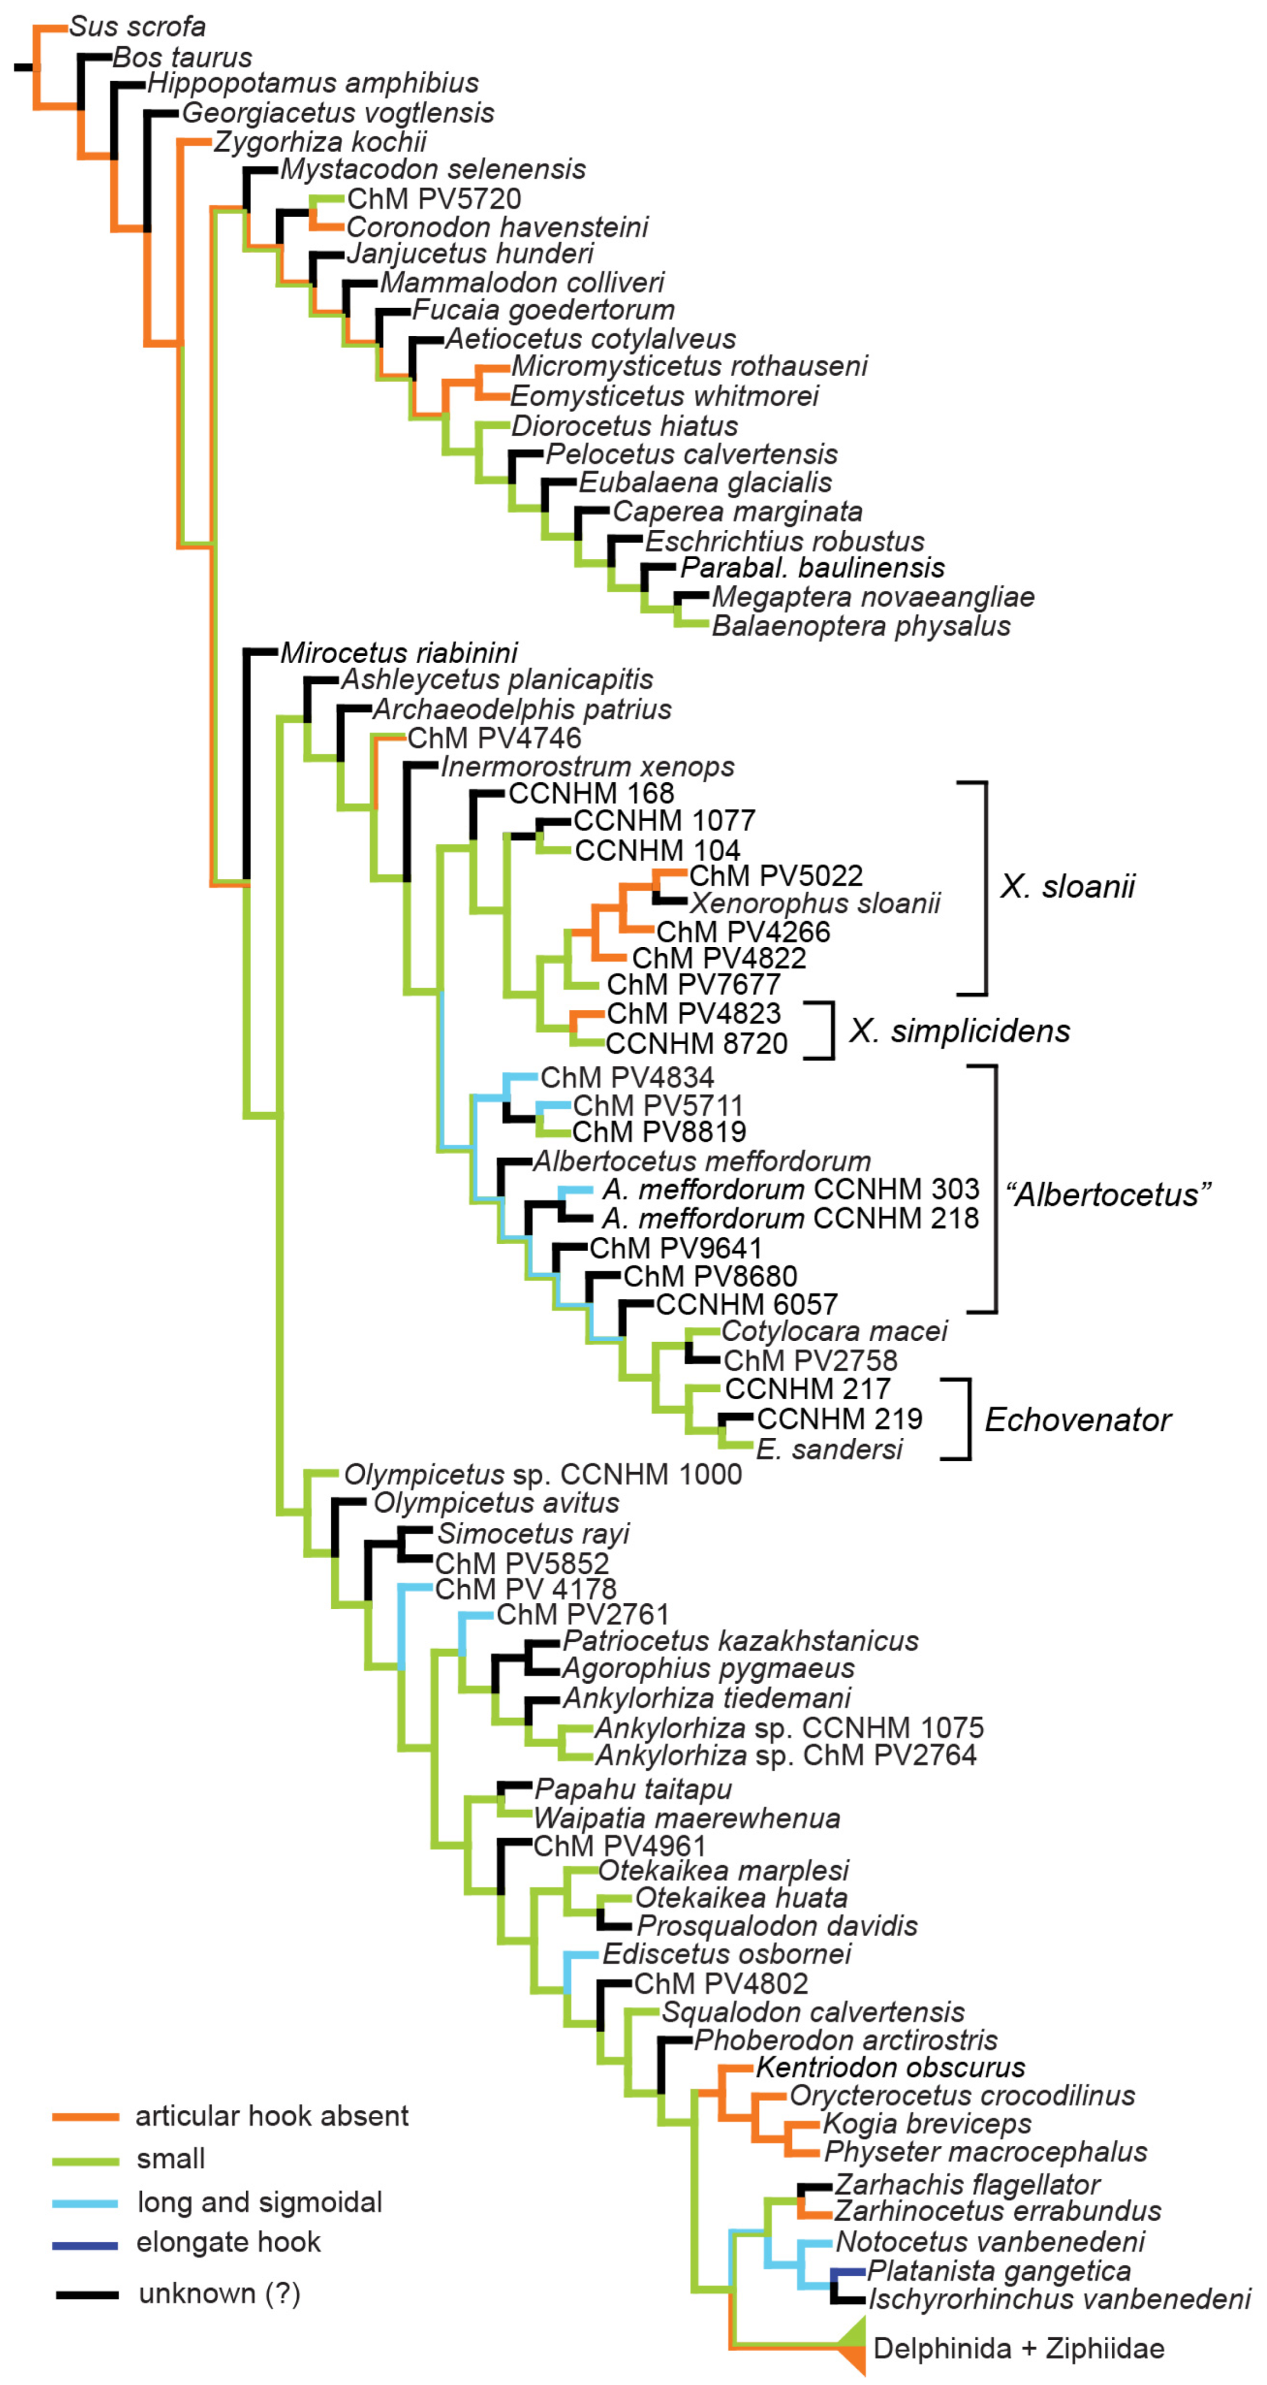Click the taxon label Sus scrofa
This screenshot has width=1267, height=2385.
pos(137,27)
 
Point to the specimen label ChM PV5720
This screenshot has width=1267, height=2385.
pos(433,199)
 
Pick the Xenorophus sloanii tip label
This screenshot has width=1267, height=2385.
pos(815,903)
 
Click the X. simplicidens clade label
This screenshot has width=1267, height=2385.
pos(960,1030)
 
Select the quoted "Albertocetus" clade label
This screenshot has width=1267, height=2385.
pos(1108,1194)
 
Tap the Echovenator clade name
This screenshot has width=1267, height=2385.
pos(1078,1419)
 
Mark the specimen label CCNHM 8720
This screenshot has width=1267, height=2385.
pos(696,1044)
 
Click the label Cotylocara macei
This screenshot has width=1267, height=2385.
pos(834,1331)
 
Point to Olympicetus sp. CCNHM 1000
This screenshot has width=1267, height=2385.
pos(542,1474)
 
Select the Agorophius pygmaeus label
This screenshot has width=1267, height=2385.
pos(708,1669)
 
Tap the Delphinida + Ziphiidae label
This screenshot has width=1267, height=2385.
pos(1018,2348)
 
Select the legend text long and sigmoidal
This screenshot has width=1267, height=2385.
pos(259,2202)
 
